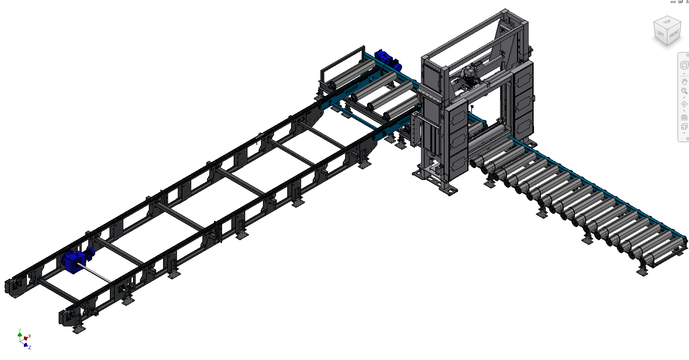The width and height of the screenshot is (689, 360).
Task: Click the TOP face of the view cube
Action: click(x=667, y=22)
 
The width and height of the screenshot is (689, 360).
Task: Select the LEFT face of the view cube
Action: click(x=660, y=34)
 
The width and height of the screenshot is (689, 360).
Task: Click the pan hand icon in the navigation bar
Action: click(x=684, y=81)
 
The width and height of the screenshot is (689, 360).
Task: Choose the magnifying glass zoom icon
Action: click(x=684, y=91)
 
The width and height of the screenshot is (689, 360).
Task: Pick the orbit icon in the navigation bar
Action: click(x=684, y=104)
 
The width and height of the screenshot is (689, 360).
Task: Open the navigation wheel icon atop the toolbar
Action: click(x=684, y=65)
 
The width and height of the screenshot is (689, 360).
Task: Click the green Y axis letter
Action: click(x=20, y=330)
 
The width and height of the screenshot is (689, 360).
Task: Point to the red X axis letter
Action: click(x=30, y=336)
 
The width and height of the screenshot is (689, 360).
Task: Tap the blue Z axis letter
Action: click(x=30, y=347)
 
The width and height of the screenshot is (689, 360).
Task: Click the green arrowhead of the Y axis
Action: click(x=20, y=335)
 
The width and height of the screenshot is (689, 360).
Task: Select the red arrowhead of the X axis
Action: click(x=26, y=338)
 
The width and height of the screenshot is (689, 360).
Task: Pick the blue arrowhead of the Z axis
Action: click(x=26, y=345)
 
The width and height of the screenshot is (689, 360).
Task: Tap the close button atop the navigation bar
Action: click(x=687, y=55)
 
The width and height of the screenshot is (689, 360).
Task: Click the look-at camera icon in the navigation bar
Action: click(x=684, y=117)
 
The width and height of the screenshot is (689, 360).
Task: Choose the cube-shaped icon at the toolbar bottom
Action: click(x=684, y=127)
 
